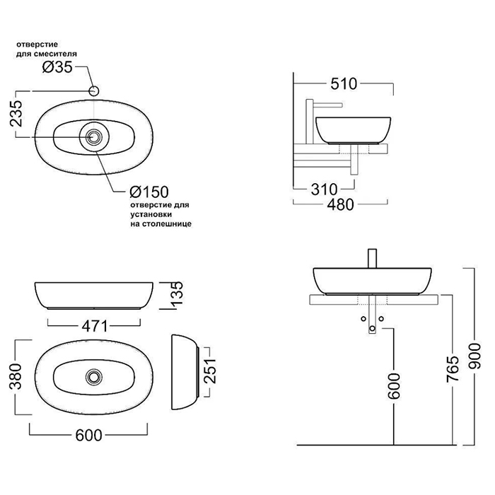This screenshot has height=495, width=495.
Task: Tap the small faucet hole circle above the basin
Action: [94, 91]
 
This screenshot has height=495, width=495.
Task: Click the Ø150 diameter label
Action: [146, 192]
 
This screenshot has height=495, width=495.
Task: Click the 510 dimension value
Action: [344, 83]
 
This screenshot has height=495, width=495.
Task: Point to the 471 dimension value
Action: [95, 326]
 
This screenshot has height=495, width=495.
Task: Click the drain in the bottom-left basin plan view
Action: [93, 376]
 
